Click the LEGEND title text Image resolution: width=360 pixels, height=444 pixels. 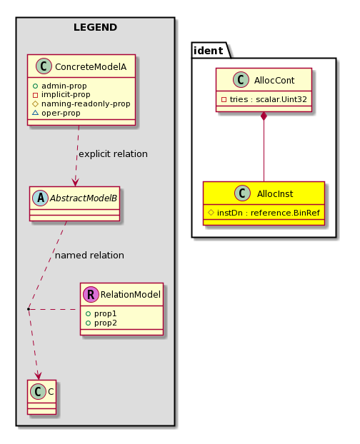pyautogui.click(x=95, y=27)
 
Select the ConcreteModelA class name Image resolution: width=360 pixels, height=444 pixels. pyautogui.click(x=91, y=67)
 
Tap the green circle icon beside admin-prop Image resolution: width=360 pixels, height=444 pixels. pyautogui.click(x=35, y=86)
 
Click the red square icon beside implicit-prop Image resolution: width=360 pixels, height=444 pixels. pyautogui.click(x=35, y=95)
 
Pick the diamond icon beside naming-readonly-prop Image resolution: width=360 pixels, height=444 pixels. pyautogui.click(x=35, y=104)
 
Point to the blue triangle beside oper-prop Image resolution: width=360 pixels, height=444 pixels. pyautogui.click(x=35, y=113)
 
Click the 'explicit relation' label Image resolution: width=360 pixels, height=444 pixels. pyautogui.click(x=113, y=154)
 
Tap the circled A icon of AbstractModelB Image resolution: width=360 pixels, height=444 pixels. pyautogui.click(x=41, y=198)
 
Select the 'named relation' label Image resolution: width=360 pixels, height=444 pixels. pyautogui.click(x=89, y=256)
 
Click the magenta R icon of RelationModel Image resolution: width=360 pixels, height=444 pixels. pyautogui.click(x=91, y=295)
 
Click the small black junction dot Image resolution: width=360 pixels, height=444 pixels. pyautogui.click(x=29, y=309)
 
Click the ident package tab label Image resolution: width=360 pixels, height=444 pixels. pyautogui.click(x=209, y=51)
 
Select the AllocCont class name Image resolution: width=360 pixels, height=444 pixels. pyautogui.click(x=274, y=81)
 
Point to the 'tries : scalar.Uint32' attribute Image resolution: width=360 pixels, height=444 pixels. pyautogui.click(x=269, y=99)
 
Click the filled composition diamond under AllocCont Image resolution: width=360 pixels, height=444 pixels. pyautogui.click(x=264, y=116)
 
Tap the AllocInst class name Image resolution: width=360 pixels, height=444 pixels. pyautogui.click(x=275, y=194)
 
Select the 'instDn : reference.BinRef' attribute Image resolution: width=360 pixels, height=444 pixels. pyautogui.click(x=269, y=213)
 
